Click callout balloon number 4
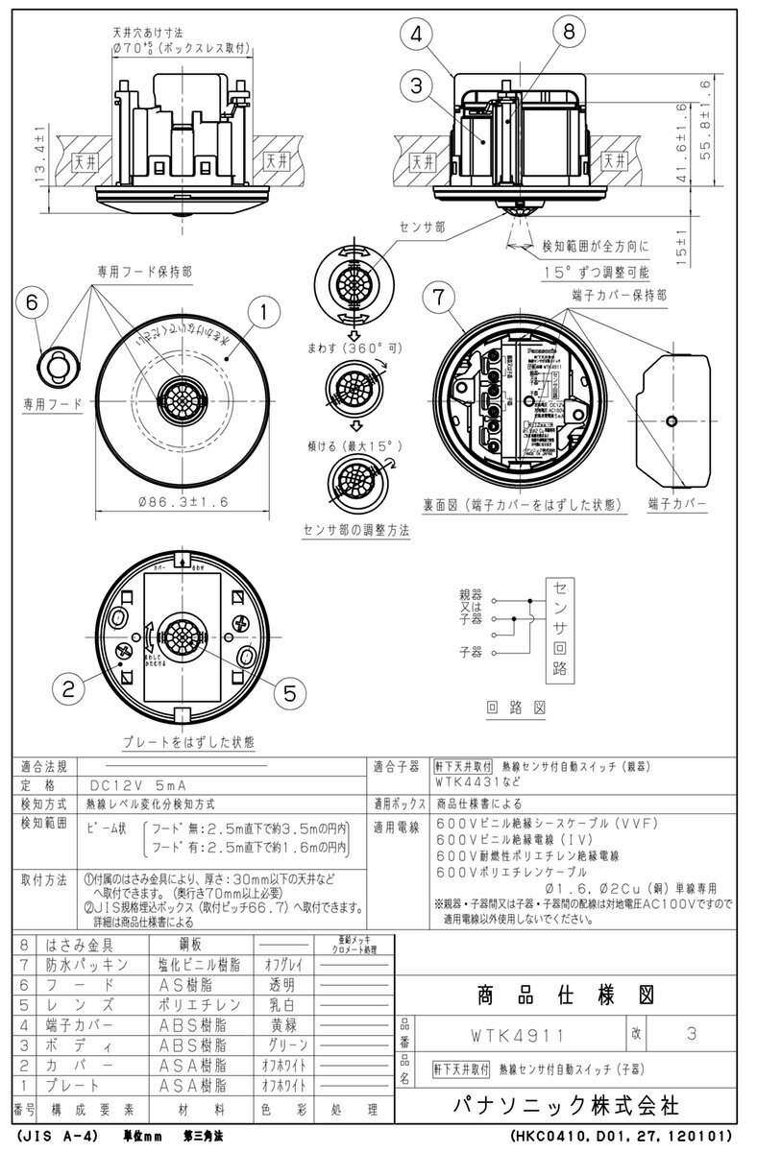click(416, 36)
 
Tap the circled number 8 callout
click(570, 32)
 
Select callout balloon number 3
click(416, 85)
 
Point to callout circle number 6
click(31, 300)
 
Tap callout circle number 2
click(68, 686)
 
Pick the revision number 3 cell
click(693, 1035)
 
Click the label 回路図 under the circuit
click(515, 708)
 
